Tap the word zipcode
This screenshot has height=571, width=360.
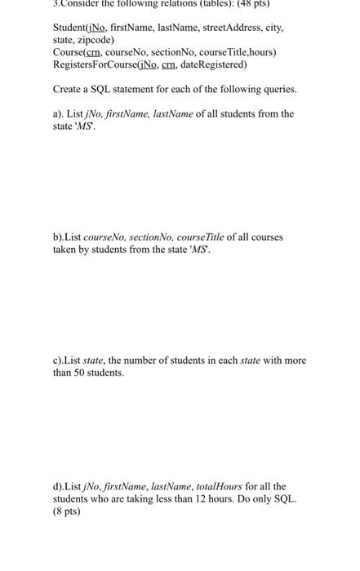click(x=95, y=39)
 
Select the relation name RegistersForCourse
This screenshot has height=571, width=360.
click(x=100, y=64)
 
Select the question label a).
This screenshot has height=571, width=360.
click(x=59, y=114)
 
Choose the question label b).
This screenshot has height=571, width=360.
click(x=60, y=237)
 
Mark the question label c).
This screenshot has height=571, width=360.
click(x=60, y=360)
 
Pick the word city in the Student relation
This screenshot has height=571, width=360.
click(x=272, y=27)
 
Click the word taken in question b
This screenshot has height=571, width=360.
click(x=65, y=250)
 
